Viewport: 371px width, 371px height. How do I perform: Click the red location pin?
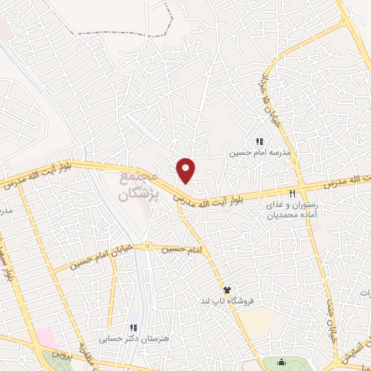click(186, 170)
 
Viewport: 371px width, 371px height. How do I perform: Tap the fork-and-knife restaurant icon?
click(292, 193)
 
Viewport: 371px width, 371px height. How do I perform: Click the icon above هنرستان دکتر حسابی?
click(132, 327)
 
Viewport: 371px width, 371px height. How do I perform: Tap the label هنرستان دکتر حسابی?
click(143, 338)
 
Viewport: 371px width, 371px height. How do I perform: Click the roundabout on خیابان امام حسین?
click(148, 246)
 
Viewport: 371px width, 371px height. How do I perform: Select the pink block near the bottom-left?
click(46, 338)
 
